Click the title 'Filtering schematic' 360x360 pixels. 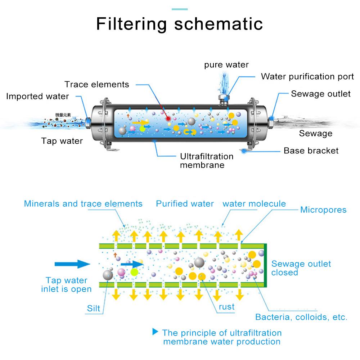point(180,24)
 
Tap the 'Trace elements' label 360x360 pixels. point(96,85)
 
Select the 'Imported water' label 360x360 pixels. point(37,96)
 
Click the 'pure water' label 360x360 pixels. point(226,65)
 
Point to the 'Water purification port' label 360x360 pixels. point(307,77)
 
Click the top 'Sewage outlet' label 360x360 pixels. point(320,94)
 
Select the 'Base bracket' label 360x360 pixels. point(311,150)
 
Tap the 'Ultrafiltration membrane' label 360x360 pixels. point(207,161)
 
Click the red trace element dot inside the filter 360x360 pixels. point(168,118)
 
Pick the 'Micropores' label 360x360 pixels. point(323,210)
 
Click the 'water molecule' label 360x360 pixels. point(254,204)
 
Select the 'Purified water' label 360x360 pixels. point(185,204)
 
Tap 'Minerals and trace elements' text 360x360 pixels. point(83,204)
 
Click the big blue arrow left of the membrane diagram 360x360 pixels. point(72,264)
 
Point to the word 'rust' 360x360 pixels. point(226,307)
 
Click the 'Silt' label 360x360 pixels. point(93,309)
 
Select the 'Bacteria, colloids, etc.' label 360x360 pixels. point(301,318)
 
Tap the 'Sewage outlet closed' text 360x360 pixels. point(301,268)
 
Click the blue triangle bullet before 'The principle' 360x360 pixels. point(156,331)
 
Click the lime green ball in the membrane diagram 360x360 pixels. point(134,272)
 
